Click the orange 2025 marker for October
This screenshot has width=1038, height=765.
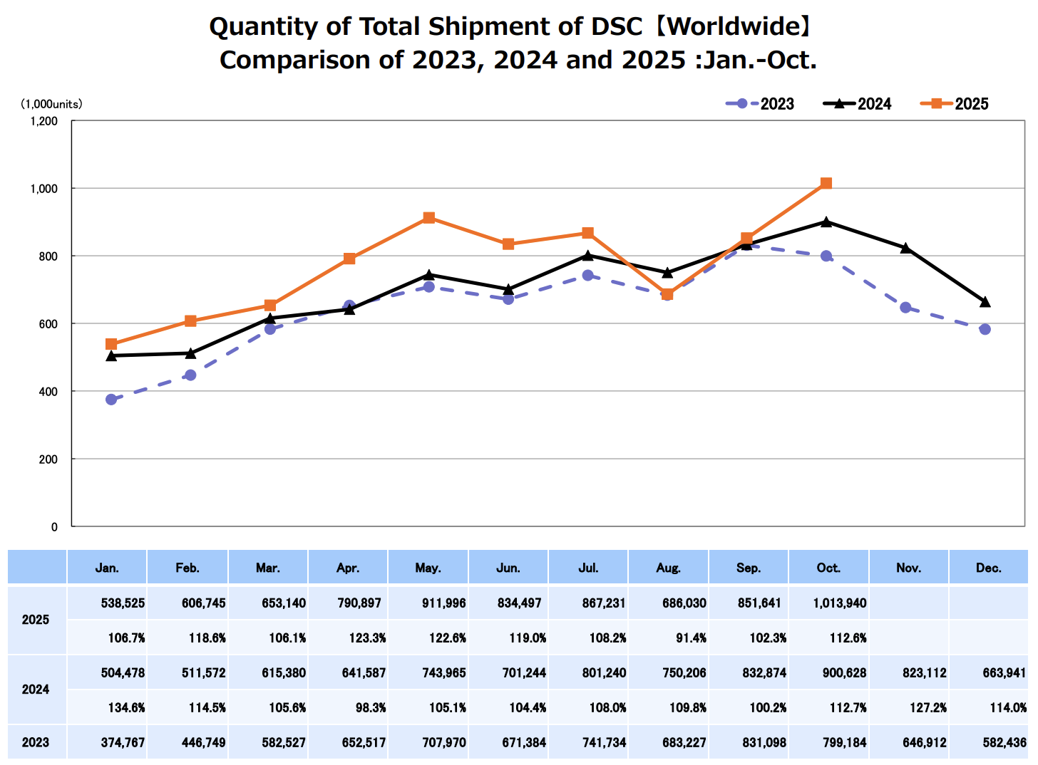pos(826,184)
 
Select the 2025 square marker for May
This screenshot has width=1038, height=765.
pos(428,218)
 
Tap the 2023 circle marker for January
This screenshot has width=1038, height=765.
pos(111,400)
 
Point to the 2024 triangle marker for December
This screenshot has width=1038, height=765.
pos(985,302)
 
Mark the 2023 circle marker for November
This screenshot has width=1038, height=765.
pos(905,308)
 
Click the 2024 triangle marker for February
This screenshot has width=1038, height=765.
pos(190,353)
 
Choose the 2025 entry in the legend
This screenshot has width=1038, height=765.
pos(955,104)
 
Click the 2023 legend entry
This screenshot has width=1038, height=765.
pos(761,104)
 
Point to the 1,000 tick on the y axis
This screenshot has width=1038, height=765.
pos(43,189)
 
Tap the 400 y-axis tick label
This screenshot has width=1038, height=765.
pos(48,392)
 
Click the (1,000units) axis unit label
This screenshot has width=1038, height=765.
pos(51,104)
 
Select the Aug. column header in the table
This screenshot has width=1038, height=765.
pos(669,568)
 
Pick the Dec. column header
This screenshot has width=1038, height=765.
pos(989,568)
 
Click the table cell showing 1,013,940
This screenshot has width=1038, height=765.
pos(840,603)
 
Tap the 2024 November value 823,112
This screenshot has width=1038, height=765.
pos(925,673)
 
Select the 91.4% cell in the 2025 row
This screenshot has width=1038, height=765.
pos(691,637)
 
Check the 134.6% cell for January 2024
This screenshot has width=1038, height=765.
pos(127,707)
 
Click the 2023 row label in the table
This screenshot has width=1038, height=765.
pos(36,742)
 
